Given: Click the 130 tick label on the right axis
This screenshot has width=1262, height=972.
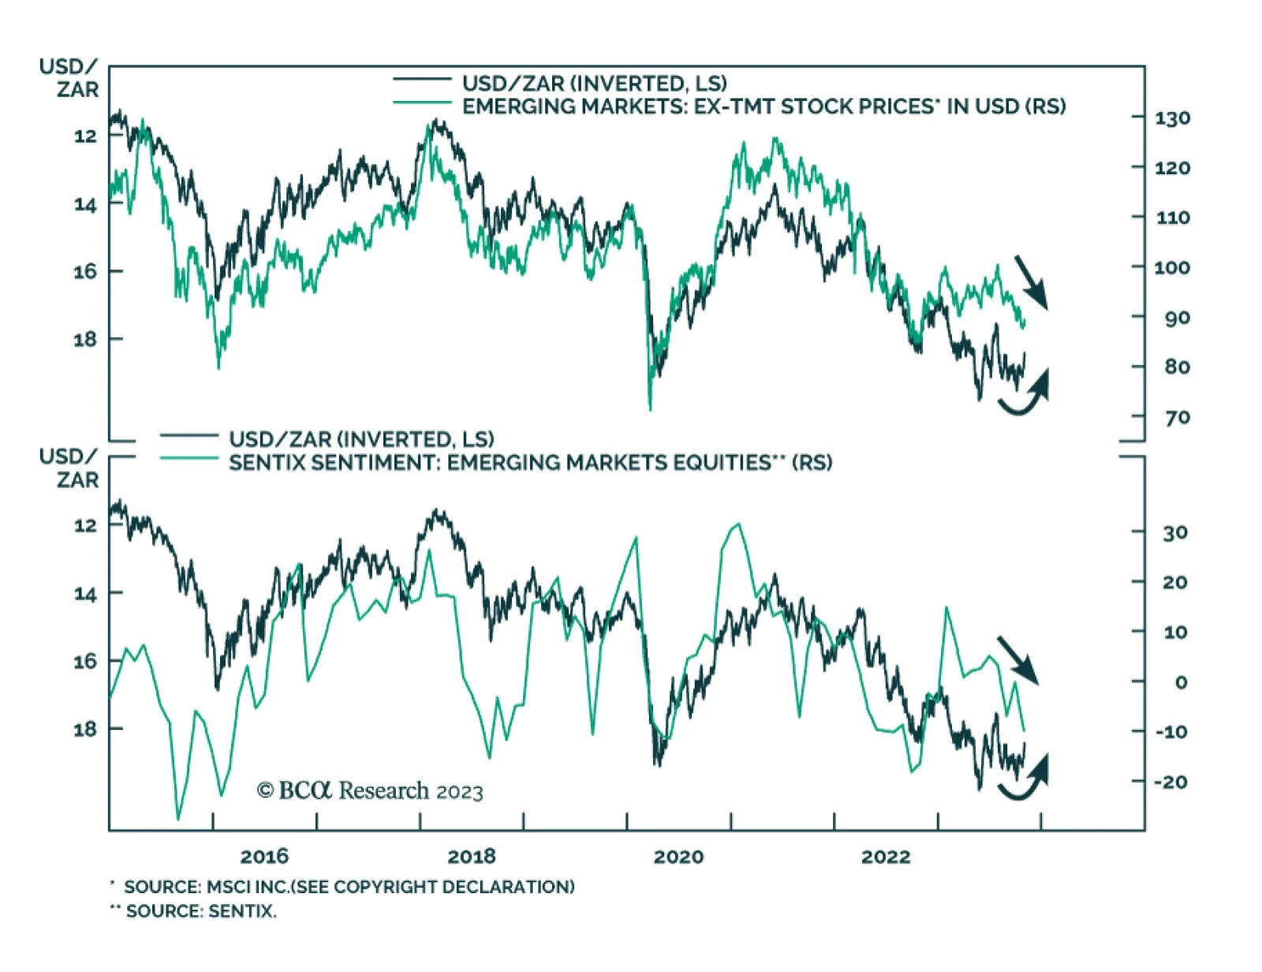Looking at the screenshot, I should (1173, 118).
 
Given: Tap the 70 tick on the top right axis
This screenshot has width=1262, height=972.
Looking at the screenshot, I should (1177, 417).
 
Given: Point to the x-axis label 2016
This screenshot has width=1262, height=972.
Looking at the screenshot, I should (264, 856).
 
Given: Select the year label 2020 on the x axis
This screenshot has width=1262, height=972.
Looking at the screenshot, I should (678, 856).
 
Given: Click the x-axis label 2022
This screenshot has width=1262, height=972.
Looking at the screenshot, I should (885, 856).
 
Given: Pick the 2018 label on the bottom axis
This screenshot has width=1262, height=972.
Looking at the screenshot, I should (472, 856).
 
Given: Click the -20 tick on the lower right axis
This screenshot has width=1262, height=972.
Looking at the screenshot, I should (1170, 782).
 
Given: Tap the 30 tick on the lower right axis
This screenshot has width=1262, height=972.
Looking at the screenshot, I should (1174, 533).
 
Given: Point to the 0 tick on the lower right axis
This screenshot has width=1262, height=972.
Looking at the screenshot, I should (1181, 682).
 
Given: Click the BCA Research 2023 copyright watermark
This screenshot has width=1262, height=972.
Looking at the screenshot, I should (370, 790).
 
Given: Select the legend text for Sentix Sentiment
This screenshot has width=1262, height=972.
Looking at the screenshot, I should (530, 463).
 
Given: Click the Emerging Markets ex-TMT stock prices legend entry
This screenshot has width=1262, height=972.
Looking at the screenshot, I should (764, 106).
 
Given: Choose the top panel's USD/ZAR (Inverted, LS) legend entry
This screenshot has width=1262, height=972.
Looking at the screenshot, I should (594, 84).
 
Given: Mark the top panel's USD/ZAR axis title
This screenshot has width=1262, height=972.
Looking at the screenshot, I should (69, 78).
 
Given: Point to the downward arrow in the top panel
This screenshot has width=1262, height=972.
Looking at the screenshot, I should (1030, 281).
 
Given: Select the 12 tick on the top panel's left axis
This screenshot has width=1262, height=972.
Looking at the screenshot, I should (85, 136).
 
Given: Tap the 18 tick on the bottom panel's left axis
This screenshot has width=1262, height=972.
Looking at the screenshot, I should (85, 729).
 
